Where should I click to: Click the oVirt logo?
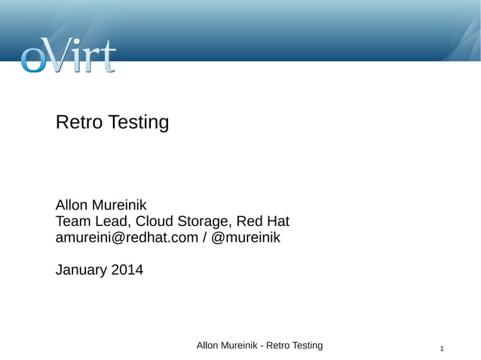point(68,56)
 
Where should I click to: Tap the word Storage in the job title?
point(203,222)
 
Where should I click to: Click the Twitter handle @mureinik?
point(247,238)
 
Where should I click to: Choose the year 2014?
point(127,269)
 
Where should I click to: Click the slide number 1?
point(442,349)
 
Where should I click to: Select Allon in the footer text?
point(208,345)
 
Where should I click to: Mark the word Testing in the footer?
point(305,345)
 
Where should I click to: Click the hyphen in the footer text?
point(262,346)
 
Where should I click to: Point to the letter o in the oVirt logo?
point(33,60)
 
